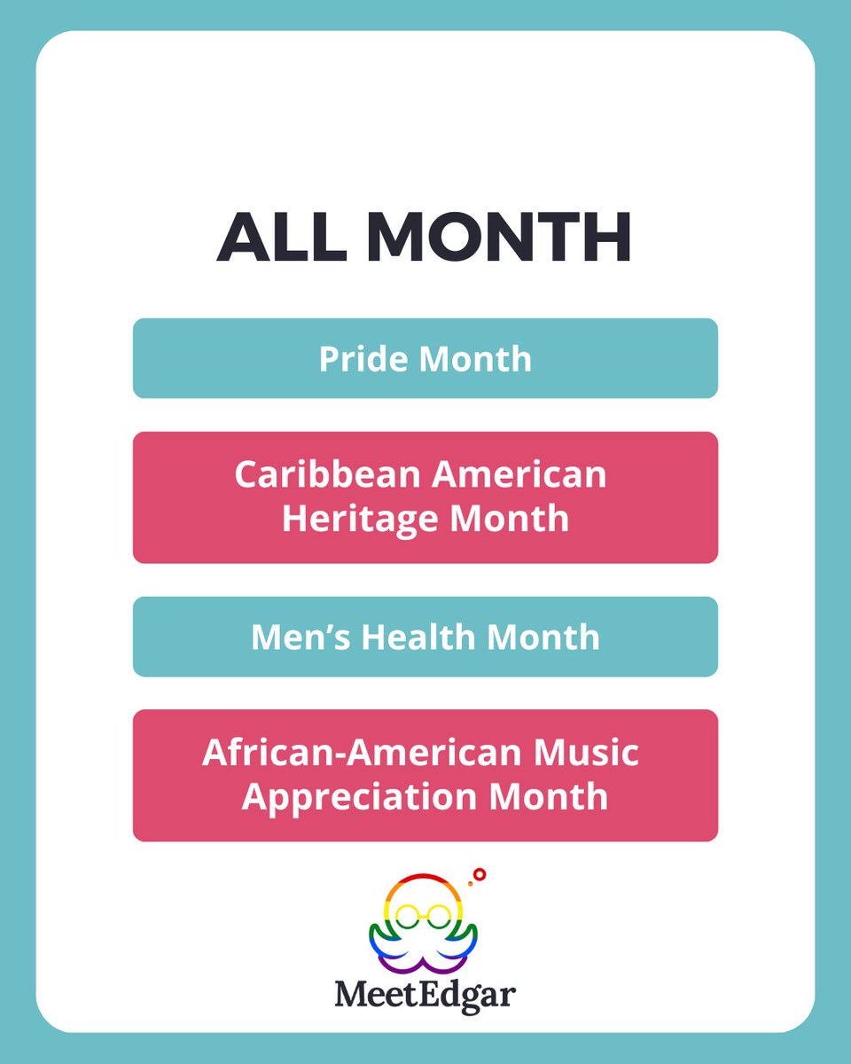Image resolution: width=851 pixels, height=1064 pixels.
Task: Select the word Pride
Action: click(x=363, y=359)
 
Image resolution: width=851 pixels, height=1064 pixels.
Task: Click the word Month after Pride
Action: click(x=475, y=359)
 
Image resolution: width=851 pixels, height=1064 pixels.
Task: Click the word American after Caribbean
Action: click(x=519, y=474)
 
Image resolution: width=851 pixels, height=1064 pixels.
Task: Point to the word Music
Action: click(x=589, y=753)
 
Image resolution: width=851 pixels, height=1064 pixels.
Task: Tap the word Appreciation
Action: click(x=363, y=796)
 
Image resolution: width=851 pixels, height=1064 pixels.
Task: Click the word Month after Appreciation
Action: click(x=551, y=796)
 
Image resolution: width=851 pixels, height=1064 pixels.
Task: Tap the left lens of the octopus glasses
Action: click(x=409, y=915)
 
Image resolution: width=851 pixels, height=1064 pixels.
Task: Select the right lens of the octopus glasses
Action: click(x=440, y=915)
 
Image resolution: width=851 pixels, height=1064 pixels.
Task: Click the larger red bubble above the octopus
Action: click(x=480, y=874)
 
